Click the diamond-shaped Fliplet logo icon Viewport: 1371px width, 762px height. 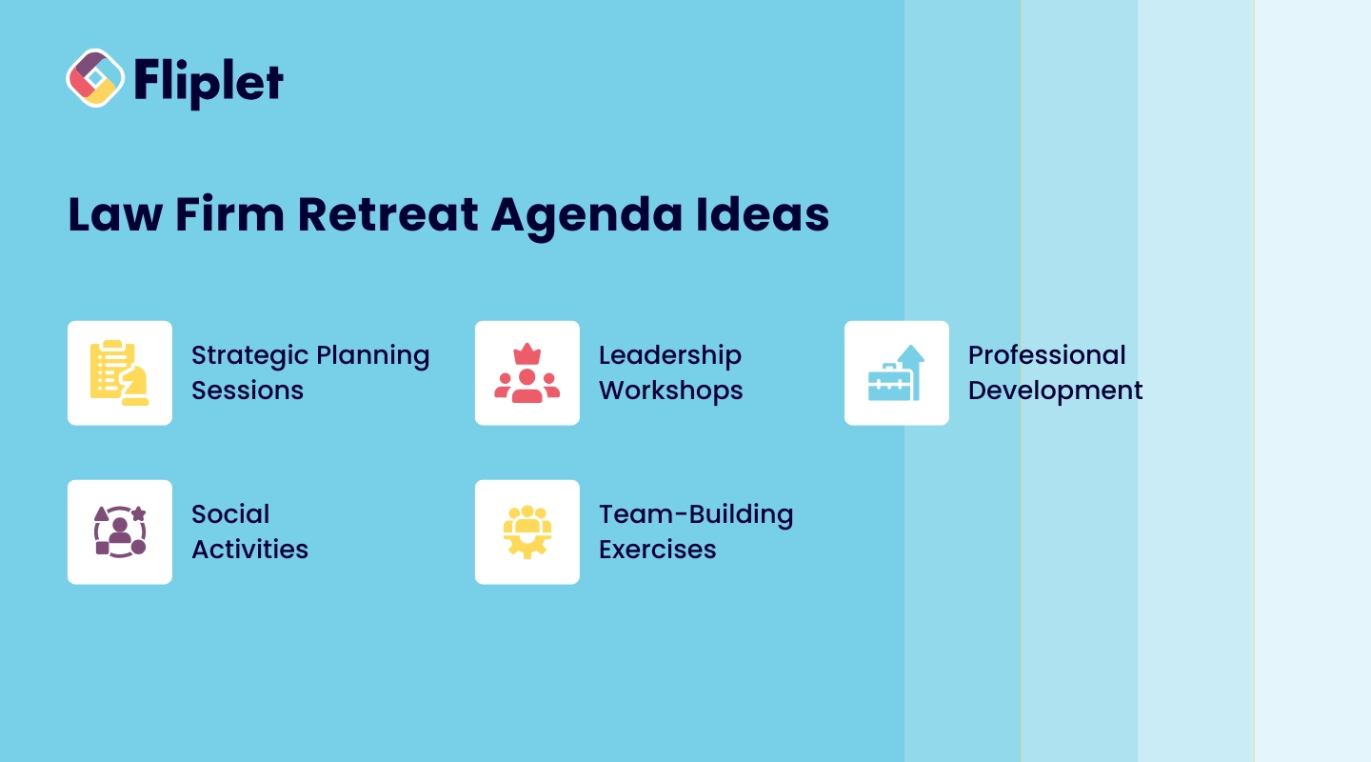tap(95, 78)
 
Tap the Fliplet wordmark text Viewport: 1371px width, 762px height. tap(209, 83)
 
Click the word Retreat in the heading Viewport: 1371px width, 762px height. tap(387, 215)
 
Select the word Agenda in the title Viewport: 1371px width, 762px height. tap(586, 217)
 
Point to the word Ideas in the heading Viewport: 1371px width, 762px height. tap(763, 214)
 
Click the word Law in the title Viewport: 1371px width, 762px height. tap(115, 215)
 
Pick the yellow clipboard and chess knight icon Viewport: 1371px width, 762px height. tap(119, 373)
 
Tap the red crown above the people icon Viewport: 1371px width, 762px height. tap(527, 354)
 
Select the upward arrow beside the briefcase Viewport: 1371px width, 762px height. tap(912, 370)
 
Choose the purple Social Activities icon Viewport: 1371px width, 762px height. tap(120, 531)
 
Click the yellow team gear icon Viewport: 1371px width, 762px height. tap(527, 531)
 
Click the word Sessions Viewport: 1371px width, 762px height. tap(248, 391)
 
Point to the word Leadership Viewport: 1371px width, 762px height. tap(670, 356)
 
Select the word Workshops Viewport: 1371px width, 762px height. tap(671, 391)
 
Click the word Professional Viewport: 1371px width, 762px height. tap(1046, 355)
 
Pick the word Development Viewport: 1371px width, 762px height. tap(1055, 391)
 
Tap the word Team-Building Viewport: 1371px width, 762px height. tap(696, 515)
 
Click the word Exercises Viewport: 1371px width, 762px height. tap(657, 550)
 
